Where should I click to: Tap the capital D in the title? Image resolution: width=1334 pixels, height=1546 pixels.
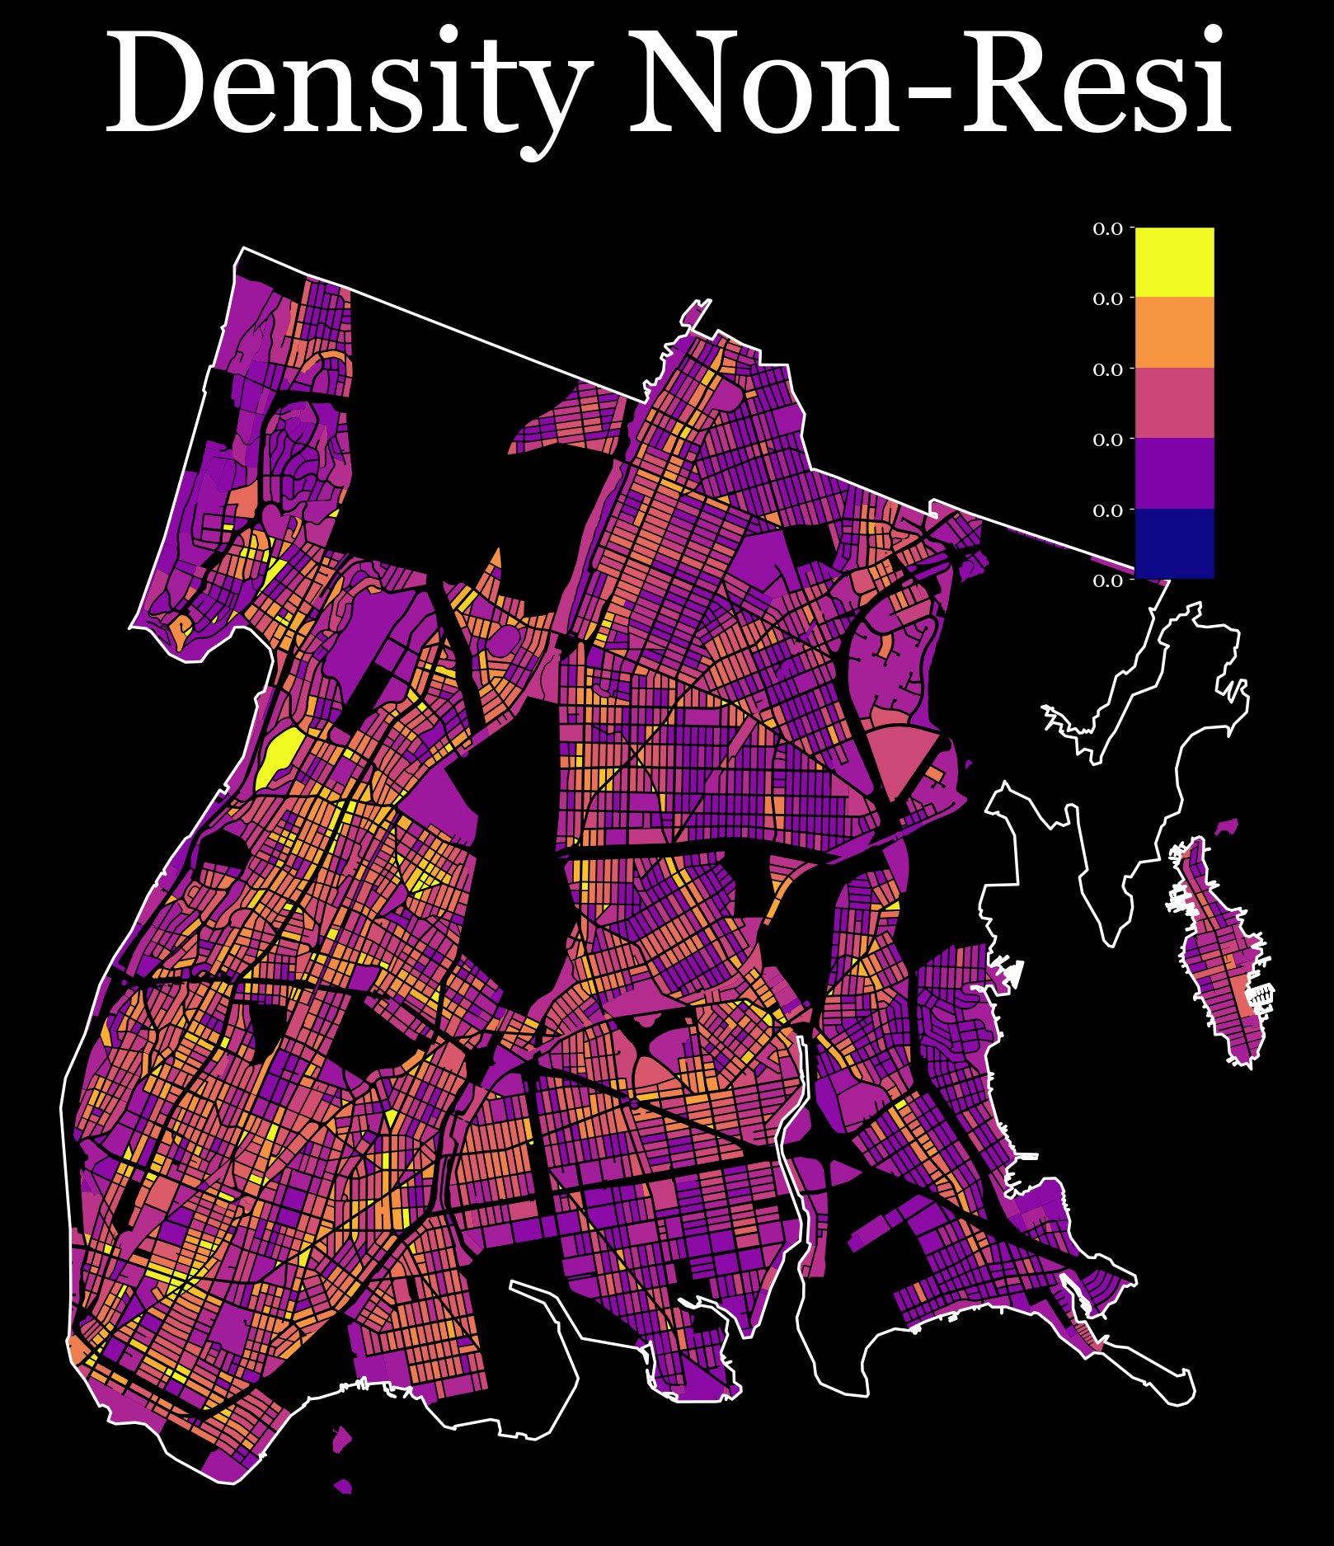point(157,82)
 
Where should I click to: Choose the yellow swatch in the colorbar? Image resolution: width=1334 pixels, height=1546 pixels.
point(1174,261)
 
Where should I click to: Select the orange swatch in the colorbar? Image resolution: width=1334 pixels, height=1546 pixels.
point(1174,332)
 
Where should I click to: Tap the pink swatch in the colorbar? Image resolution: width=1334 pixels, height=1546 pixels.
point(1174,402)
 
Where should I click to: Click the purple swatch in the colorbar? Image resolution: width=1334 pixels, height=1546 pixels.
point(1174,473)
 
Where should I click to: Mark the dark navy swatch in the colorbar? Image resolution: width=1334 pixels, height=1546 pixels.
point(1174,543)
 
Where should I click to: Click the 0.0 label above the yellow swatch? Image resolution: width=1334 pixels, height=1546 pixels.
point(1108,229)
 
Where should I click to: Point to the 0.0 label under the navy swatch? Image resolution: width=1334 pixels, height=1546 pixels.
point(1108,580)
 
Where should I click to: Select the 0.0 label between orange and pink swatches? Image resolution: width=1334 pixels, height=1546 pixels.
point(1108,369)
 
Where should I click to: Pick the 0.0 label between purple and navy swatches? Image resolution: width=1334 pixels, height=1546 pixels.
point(1108,510)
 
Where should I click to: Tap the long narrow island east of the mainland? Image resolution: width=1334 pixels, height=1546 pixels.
point(1220,956)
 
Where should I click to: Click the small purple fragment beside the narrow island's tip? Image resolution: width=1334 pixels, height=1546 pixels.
point(1228,826)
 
